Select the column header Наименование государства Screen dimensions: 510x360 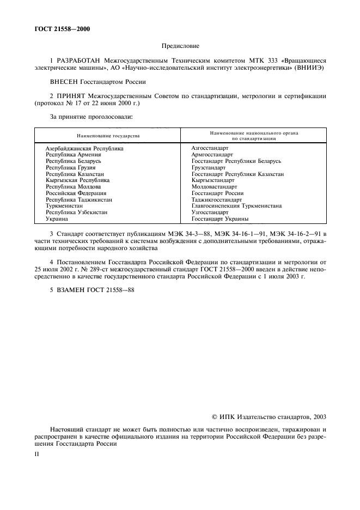coord(108,136)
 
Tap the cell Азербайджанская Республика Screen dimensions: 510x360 coord(84,148)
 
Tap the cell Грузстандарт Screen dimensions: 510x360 coord(209,168)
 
